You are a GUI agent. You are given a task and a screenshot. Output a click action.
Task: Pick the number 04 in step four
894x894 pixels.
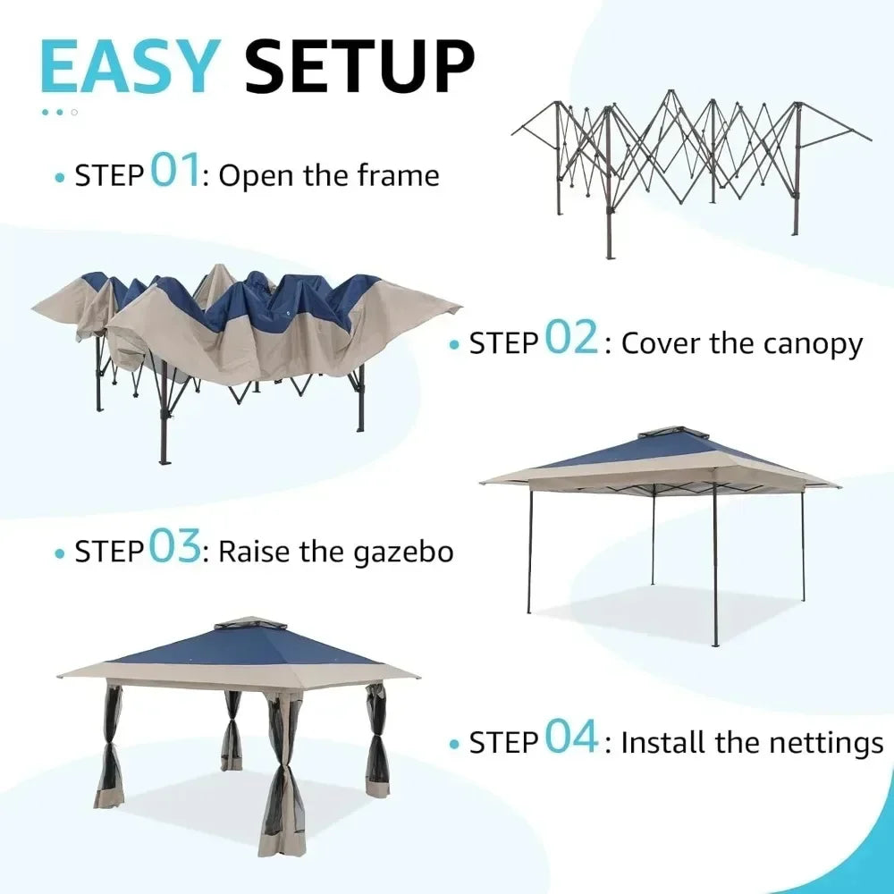tap(571, 738)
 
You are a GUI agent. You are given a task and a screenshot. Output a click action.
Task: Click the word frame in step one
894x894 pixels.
tap(399, 175)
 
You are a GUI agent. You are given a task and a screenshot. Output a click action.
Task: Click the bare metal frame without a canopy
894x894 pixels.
tap(688, 161)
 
